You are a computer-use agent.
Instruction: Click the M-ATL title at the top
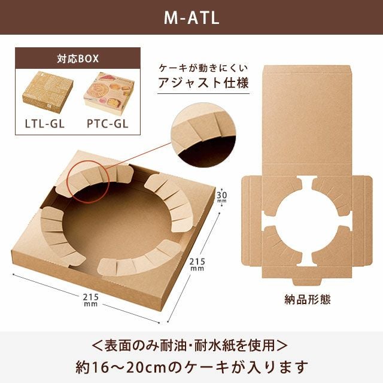[191, 18]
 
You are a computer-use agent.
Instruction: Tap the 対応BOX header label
[78, 59]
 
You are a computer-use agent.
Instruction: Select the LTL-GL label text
[45, 124]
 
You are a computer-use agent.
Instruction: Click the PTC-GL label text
[108, 124]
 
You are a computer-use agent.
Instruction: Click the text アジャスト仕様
[203, 83]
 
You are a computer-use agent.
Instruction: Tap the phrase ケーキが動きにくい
[203, 68]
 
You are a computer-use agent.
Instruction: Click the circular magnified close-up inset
[203, 135]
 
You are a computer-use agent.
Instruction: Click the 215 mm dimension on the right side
[197, 265]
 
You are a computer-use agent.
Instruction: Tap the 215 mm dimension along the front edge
[90, 300]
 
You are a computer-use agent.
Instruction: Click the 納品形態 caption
[307, 299]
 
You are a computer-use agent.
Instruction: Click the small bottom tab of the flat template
[307, 281]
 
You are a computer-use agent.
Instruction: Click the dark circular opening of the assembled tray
[117, 225]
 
